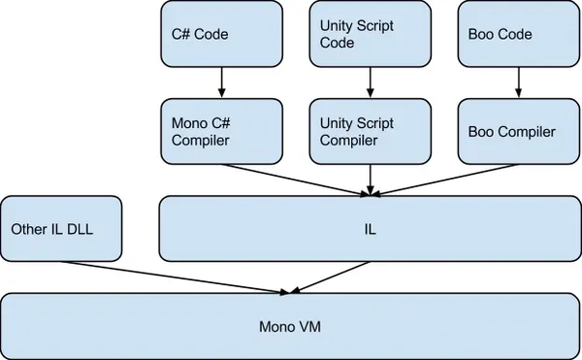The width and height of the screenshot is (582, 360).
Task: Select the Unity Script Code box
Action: [x=369, y=33]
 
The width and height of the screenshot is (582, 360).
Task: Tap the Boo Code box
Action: [x=514, y=33]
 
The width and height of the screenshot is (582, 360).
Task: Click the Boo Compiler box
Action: [x=514, y=130]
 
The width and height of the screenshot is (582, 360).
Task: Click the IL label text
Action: [x=371, y=229]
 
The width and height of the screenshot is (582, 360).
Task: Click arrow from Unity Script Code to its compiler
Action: [x=369, y=82]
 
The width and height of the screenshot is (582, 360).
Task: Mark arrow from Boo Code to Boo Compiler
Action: [x=514, y=82]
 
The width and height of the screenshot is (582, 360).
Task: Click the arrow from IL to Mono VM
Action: [x=330, y=278]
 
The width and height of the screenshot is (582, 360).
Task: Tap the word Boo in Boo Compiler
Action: [x=482, y=131]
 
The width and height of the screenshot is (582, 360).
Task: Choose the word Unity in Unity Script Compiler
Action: [x=337, y=122]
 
